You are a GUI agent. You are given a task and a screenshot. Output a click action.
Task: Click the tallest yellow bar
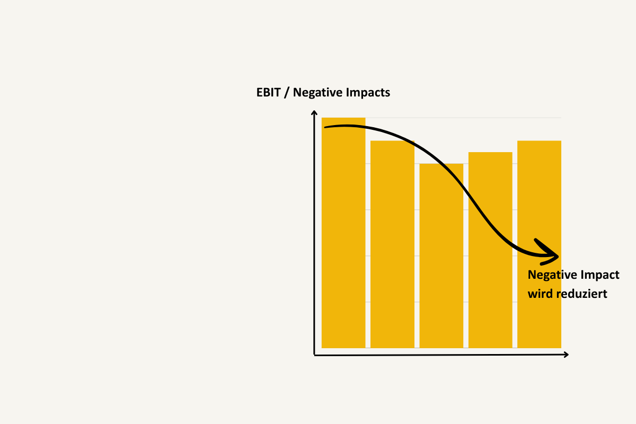tap(343, 233)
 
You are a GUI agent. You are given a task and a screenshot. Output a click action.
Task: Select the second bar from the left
tap(392, 244)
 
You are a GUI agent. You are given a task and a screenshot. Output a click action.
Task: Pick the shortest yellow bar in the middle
tap(441, 255)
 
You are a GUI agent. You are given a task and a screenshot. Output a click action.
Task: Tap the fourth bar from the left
tap(490, 250)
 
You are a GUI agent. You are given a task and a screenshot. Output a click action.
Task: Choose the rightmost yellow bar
tap(539, 244)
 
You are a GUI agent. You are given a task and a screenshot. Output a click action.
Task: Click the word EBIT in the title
tap(268, 93)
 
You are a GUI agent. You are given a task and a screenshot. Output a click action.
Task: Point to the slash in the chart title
tap(287, 93)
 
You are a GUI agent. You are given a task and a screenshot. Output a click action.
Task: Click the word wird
tap(540, 294)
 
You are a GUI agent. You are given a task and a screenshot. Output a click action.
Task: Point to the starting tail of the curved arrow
tap(325, 127)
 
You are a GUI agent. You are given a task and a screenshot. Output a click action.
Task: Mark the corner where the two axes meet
tap(314, 355)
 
